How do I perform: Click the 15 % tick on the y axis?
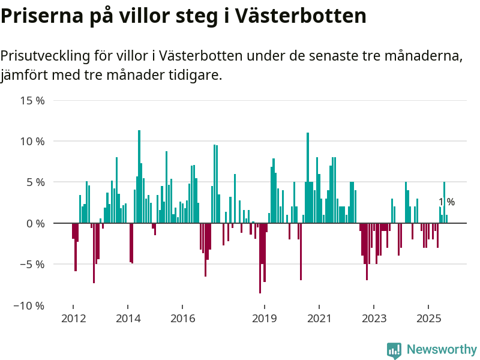(x=32, y=100)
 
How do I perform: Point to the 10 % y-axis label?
(x=32, y=142)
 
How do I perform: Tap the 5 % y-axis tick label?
(x=35, y=182)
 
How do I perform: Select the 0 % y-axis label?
(x=35, y=223)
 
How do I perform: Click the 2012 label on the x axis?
(x=73, y=318)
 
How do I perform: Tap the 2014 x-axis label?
(x=128, y=318)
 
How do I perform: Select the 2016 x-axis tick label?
(x=183, y=318)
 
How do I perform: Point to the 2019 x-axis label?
(x=265, y=318)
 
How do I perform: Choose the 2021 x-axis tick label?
(x=320, y=318)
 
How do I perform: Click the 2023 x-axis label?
(x=374, y=318)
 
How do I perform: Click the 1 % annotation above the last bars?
(x=446, y=202)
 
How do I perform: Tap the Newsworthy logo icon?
(x=394, y=350)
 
